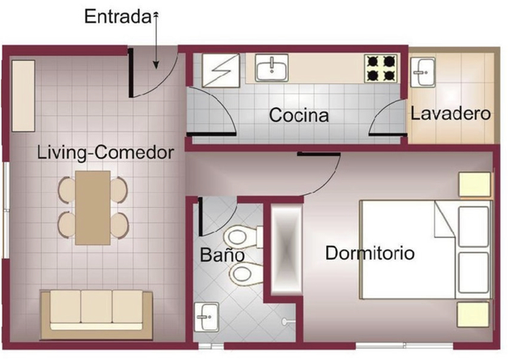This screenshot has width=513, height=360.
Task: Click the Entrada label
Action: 118,17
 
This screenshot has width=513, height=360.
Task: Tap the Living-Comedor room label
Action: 105,153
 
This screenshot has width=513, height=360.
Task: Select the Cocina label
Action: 299,115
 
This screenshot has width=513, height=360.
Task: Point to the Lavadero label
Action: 451,113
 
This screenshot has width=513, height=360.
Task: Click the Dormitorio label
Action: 370,253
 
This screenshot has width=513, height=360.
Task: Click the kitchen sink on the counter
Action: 272,68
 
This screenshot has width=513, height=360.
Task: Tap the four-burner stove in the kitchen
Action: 381,68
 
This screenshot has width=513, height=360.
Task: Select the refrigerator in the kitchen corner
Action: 221,70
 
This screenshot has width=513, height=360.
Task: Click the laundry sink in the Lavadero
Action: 422,72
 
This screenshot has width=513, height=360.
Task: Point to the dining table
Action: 92,208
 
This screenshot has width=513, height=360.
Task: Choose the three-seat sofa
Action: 96,315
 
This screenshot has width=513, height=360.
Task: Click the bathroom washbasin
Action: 206,317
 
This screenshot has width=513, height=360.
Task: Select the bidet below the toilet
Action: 246,274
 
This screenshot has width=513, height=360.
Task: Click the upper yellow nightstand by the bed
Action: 475,184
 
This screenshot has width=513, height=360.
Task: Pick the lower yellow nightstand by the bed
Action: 473,315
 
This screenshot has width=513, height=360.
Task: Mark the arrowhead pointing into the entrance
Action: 156,65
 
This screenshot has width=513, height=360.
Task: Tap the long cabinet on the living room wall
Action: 23,95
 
